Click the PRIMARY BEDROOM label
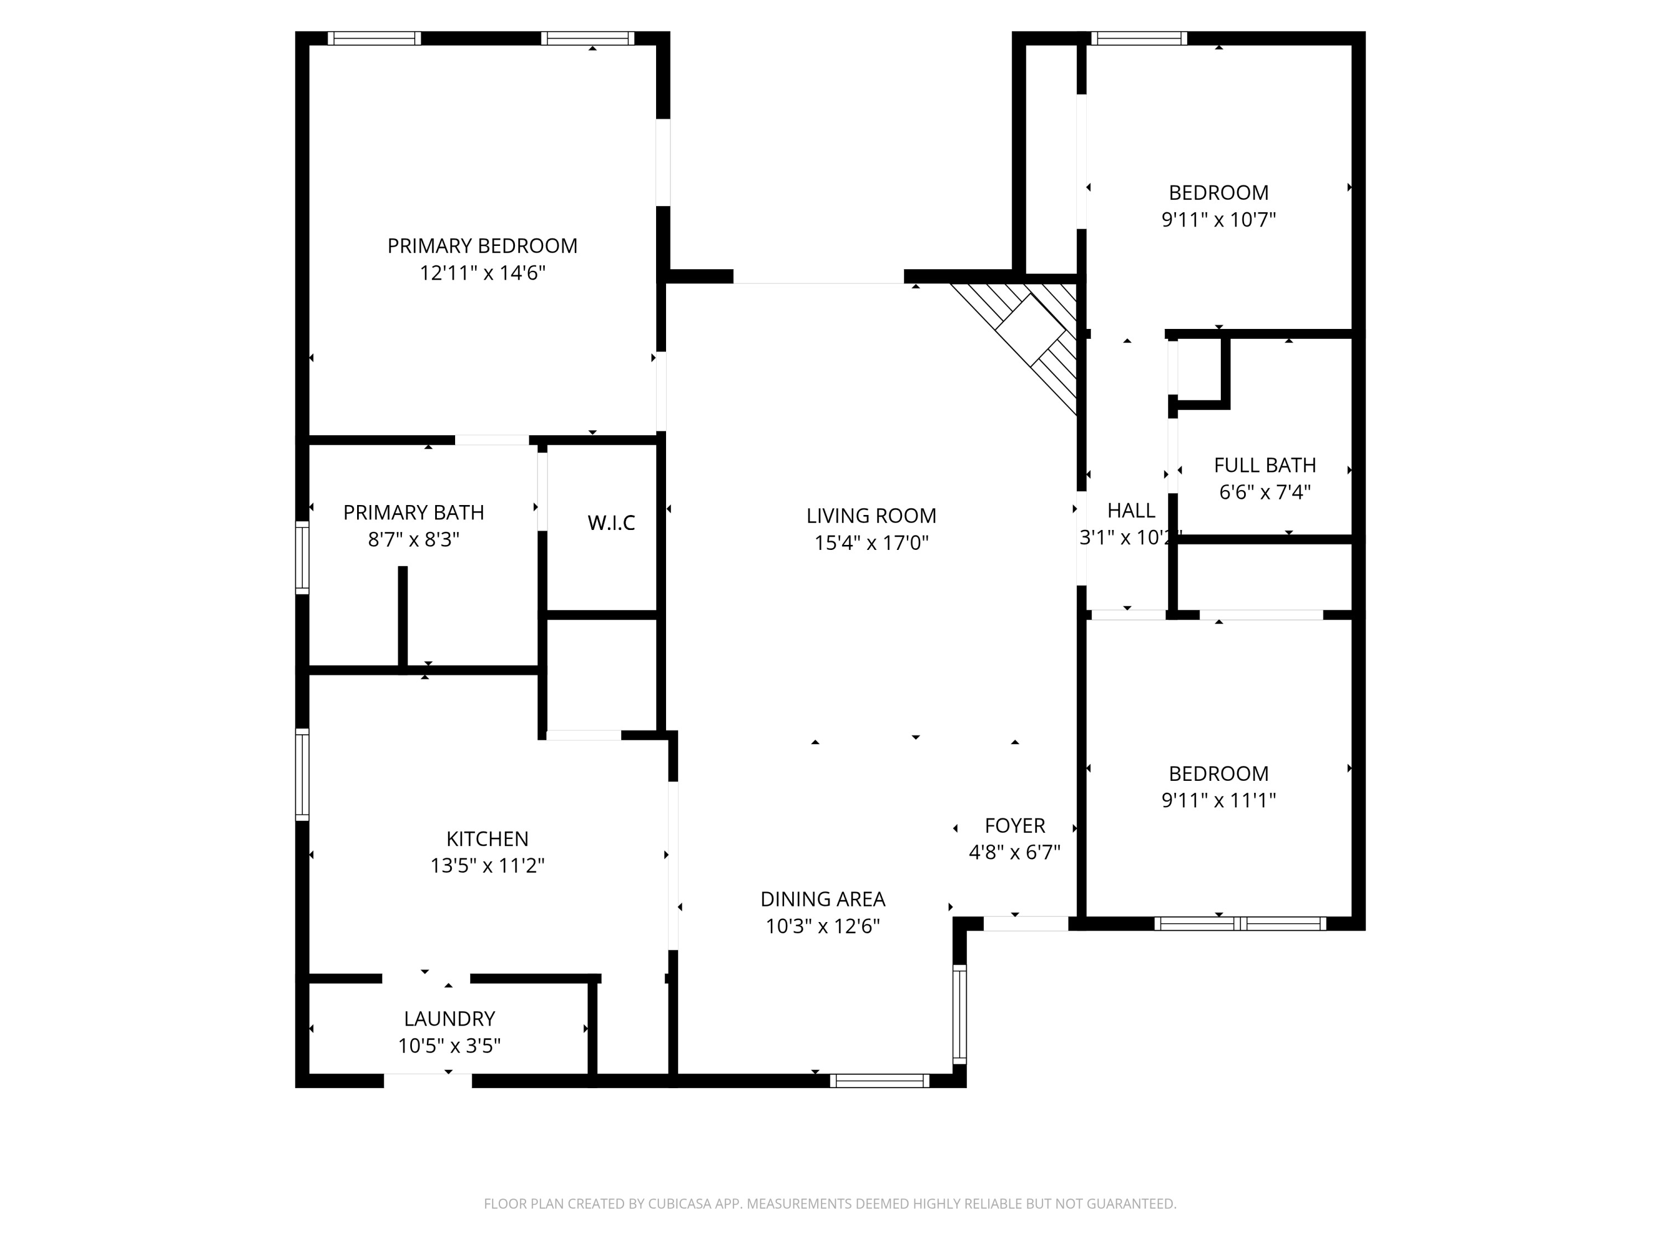click(x=482, y=245)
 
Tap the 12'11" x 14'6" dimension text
click(x=482, y=272)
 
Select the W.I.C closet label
click(x=611, y=523)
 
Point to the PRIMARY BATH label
click(x=413, y=512)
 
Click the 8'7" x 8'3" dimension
click(x=413, y=539)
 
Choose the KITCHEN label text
click(x=487, y=839)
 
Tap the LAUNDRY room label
click(x=449, y=1018)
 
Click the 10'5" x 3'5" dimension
click(x=449, y=1046)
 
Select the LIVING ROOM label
click(x=871, y=516)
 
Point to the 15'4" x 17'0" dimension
click(x=871, y=543)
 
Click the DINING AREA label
click(x=822, y=899)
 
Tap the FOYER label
click(x=1014, y=826)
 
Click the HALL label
click(x=1130, y=511)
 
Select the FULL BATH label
click(x=1265, y=465)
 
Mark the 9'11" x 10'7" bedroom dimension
click(x=1218, y=220)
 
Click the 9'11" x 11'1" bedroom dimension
click(x=1218, y=801)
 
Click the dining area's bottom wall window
click(x=879, y=1081)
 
